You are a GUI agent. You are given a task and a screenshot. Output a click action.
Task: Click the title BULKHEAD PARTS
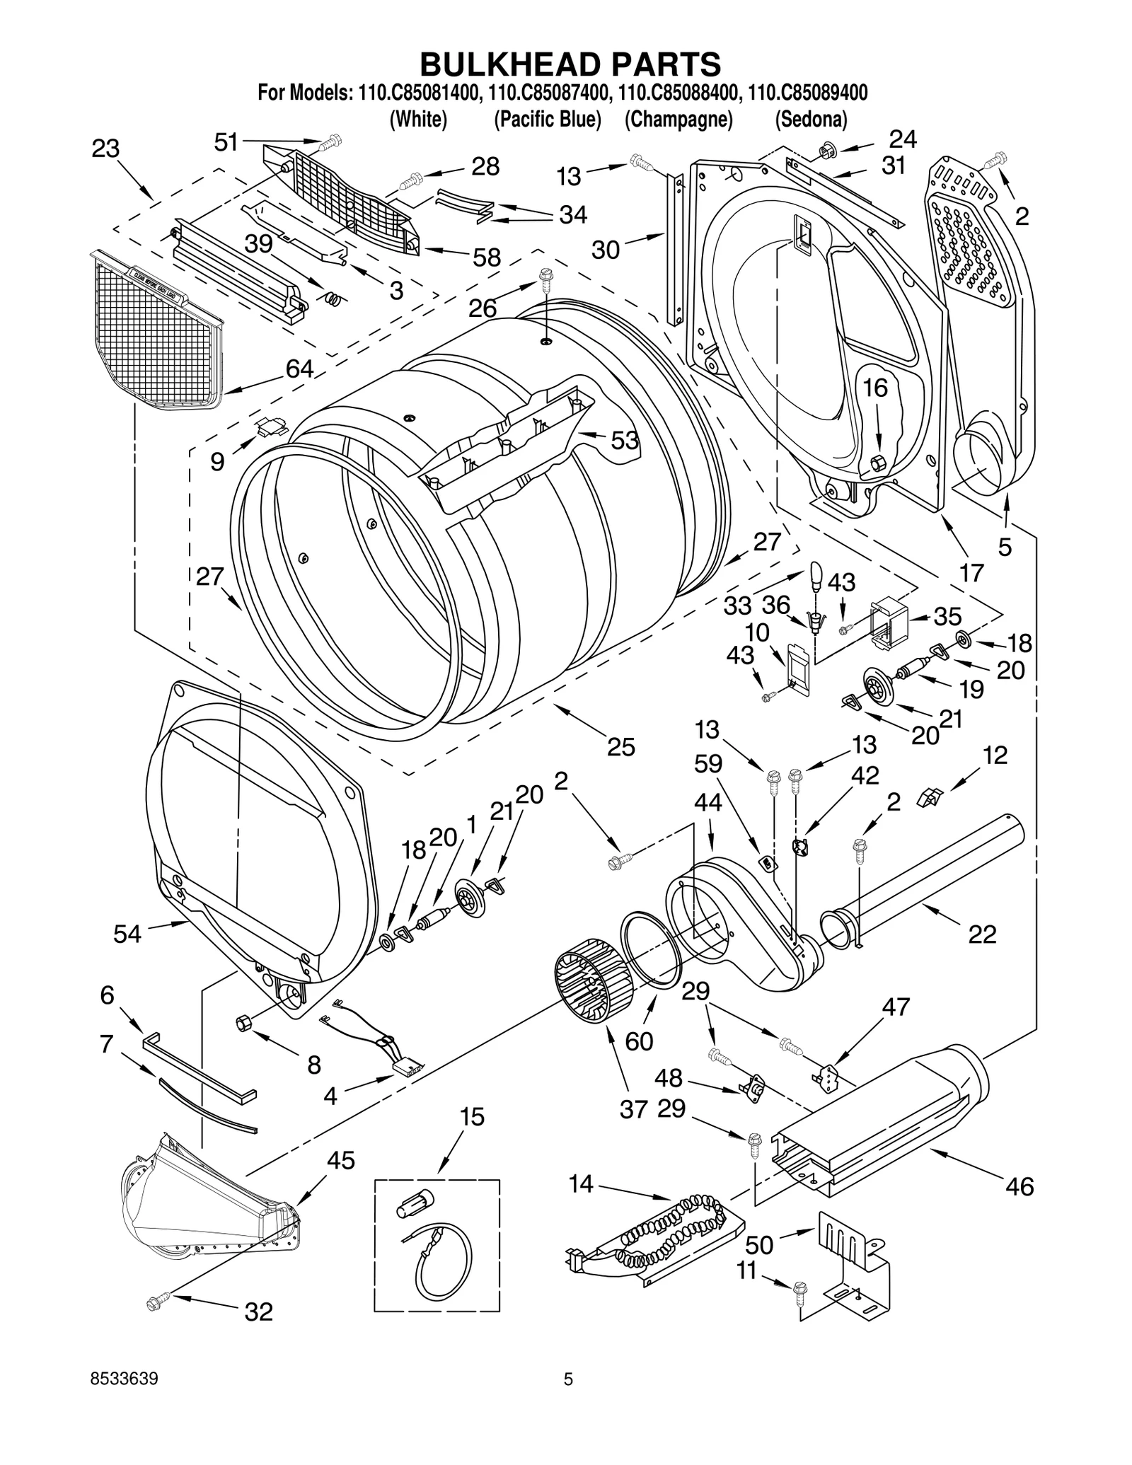[x=570, y=64]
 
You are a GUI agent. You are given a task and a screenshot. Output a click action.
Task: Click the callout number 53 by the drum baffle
[x=625, y=440]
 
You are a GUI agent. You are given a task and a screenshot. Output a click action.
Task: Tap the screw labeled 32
[x=156, y=1301]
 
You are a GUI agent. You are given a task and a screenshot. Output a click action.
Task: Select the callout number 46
[x=1019, y=1185]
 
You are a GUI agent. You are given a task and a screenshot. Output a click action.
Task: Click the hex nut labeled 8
[x=243, y=1022]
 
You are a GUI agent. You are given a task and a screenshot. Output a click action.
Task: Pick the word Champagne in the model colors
[x=678, y=120]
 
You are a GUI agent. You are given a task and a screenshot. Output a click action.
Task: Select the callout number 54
[x=127, y=934]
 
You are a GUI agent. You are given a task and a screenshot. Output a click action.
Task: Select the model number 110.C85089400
[x=808, y=93]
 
